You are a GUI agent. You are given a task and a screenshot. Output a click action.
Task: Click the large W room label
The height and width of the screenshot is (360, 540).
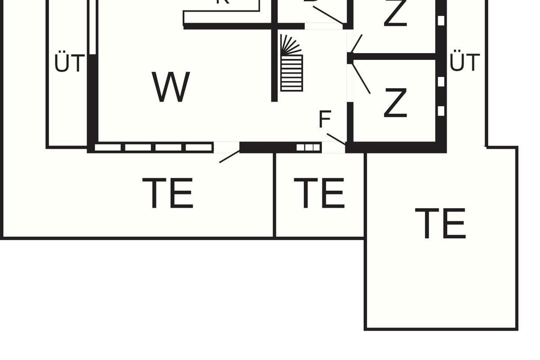[171, 87]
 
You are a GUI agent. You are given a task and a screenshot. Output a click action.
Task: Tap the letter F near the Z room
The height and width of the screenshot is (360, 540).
[324, 120]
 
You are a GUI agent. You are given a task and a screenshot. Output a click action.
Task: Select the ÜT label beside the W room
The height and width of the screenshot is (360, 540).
[69, 63]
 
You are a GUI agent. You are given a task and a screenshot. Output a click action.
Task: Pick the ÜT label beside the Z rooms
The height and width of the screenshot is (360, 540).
[465, 63]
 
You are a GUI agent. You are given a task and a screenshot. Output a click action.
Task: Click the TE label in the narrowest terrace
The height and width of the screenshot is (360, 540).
[322, 193]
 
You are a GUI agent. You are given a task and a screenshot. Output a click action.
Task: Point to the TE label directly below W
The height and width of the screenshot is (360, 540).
[168, 193]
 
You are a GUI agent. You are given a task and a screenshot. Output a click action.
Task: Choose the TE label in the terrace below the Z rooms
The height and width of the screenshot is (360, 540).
[440, 224]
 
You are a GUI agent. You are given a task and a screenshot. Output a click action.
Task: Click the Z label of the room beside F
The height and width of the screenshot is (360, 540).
[395, 103]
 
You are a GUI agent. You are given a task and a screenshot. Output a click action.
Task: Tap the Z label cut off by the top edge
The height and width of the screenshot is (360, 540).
[395, 13]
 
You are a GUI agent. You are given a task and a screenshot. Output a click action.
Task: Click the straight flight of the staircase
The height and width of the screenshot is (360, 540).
[292, 73]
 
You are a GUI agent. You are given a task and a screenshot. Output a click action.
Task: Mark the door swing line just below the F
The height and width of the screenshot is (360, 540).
[336, 139]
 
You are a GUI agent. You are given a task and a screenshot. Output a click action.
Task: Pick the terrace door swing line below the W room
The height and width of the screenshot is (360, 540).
[229, 157]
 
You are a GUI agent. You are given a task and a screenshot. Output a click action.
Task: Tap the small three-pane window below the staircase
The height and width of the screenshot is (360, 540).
[308, 147]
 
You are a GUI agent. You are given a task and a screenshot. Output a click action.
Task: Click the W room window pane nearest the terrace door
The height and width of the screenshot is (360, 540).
[199, 147]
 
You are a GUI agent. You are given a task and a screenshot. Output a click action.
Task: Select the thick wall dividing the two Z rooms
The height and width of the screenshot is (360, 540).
[394, 56]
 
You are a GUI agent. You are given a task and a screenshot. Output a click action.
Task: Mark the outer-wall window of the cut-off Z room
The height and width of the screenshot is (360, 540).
[441, 20]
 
